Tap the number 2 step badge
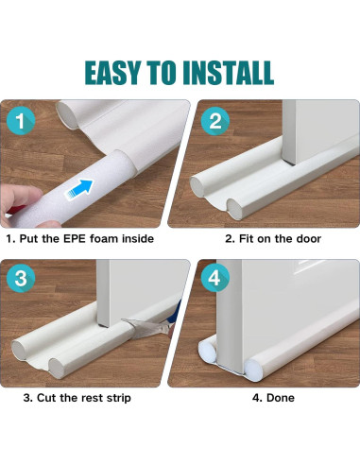pyautogui.click(x=214, y=121)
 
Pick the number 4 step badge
pyautogui.click(x=214, y=280)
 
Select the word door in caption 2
pyautogui.click(x=308, y=239)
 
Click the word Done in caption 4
pyautogui.click(x=281, y=398)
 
